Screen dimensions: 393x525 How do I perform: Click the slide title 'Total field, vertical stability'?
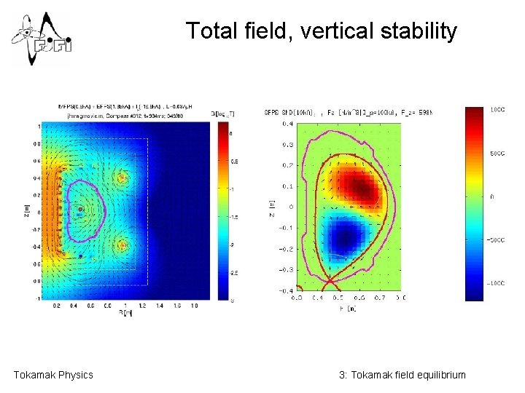tap(321, 31)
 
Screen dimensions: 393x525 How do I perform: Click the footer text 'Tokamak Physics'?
tap(53, 375)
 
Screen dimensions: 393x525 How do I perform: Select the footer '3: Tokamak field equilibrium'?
tap(402, 375)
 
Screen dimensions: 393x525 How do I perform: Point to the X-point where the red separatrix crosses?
tap(330, 279)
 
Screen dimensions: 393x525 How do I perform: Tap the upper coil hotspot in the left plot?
tap(122, 177)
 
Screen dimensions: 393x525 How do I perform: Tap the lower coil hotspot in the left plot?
tap(122, 246)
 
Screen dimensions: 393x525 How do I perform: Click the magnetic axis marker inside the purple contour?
tap(80, 210)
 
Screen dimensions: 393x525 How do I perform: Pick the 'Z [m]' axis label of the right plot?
tap(271, 207)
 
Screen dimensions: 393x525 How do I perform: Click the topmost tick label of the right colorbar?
tap(497, 109)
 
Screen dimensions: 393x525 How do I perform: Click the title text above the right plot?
tap(348, 112)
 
